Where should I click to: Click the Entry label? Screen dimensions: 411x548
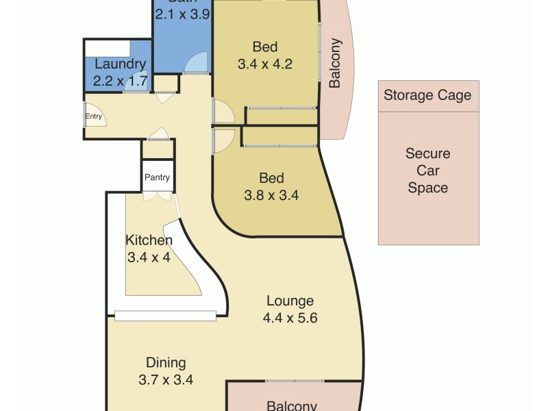pos(94,116)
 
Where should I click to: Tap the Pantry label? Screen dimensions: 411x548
pos(157,177)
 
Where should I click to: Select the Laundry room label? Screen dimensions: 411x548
pos(121,65)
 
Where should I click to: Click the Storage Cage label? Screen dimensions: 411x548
pos(427,95)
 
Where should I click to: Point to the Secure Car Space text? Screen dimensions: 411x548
pos(427,171)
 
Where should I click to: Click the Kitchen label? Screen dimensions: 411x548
pos(149,240)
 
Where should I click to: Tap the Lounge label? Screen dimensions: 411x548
pos(290,301)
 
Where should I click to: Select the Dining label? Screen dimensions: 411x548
pos(166,363)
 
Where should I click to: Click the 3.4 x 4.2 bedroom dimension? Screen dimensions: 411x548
pos(265,65)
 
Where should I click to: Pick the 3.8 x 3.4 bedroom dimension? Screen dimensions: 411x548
pos(271,195)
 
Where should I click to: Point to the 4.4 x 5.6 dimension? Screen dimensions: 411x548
pos(290,318)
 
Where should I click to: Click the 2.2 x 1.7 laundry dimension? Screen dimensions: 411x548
pos(121,82)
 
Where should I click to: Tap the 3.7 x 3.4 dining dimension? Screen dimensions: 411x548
pos(166,380)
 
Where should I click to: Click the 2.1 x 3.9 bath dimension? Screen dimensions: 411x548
pos(182,12)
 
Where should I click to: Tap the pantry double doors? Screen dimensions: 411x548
pos(157,196)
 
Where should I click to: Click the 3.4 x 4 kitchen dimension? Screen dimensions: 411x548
pos(149,258)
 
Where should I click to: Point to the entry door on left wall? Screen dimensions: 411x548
pos(86,116)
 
